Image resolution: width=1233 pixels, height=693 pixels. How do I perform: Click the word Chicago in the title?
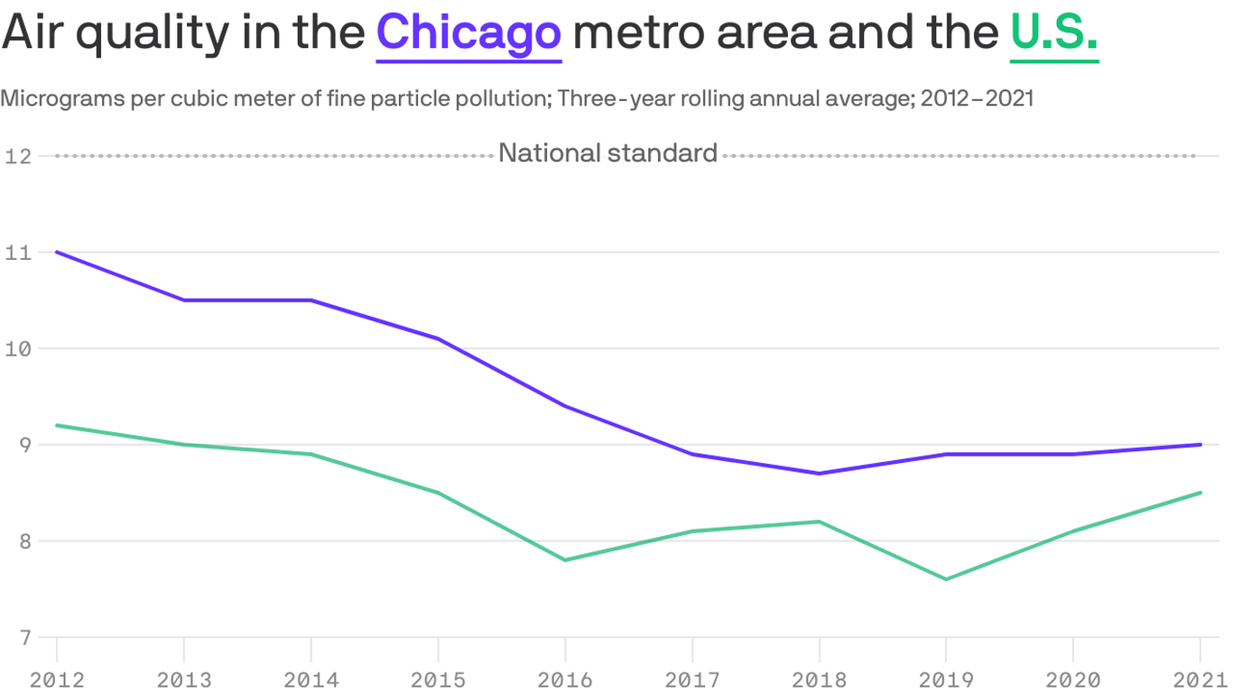468,33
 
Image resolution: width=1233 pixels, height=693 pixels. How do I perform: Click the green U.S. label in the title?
1053,33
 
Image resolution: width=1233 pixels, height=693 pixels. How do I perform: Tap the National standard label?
607,153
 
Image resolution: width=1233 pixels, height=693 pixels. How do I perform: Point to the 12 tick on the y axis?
18,156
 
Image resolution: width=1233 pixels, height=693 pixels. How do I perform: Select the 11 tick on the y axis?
18,253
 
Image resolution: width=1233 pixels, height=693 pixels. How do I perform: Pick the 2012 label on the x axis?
57,679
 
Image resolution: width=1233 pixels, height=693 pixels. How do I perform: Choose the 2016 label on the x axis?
565,679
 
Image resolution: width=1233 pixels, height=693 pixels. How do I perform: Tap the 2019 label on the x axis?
946,679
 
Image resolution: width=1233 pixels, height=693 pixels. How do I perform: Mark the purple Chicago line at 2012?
57,252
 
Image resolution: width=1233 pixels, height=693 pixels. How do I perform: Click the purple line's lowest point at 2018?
819,473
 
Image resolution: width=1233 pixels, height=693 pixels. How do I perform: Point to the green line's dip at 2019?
946,579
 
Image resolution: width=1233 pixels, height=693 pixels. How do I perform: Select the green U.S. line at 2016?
565,560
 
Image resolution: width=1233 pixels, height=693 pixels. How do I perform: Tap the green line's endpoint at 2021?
1200,493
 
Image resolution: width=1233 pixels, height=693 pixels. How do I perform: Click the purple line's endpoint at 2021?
1200,444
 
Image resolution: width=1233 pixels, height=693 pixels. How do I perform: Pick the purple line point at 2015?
438,338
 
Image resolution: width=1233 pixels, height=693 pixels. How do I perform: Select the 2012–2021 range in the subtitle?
977,98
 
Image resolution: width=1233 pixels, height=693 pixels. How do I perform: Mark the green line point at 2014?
311,454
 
